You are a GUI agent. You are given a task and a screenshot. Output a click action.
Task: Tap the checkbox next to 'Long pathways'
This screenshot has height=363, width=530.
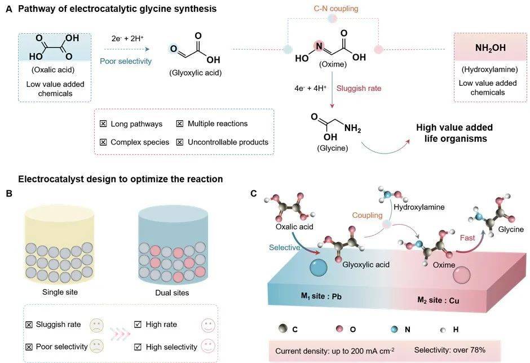[103, 124]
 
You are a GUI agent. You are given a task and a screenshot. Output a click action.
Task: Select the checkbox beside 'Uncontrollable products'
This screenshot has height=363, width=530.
[180, 142]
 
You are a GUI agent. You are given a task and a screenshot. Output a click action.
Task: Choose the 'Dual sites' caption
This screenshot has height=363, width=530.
[172, 293]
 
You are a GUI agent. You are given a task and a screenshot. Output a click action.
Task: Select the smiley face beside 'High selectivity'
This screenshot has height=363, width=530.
[209, 346]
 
